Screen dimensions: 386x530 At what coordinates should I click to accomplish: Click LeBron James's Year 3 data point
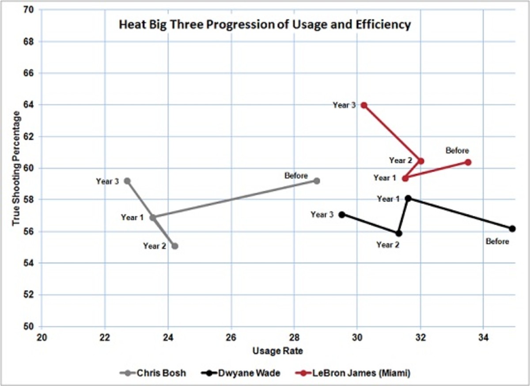pos(364,105)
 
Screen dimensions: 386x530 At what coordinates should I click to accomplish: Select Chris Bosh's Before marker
pos(316,181)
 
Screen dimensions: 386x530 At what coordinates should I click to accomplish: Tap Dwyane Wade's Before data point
pos(512,229)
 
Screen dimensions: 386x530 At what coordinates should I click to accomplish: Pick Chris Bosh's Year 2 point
pos(174,246)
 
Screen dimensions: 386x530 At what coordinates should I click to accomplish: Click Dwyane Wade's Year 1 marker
pos(409,199)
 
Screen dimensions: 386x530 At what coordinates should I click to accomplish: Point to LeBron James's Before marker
pos(468,162)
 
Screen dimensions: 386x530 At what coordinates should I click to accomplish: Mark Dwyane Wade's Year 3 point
pos(341,214)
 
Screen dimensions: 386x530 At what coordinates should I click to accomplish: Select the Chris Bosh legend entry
pos(153,373)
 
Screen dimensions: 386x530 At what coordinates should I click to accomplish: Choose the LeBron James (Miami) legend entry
pos(352,373)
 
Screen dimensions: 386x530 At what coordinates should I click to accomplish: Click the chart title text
pos(265,25)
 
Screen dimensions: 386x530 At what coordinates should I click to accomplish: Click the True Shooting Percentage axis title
pos(17,168)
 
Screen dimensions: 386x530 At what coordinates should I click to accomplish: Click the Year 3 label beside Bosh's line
pos(107,181)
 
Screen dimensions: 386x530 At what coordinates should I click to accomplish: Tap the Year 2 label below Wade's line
pos(388,245)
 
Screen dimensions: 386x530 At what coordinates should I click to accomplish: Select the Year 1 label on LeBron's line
pos(385,178)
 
